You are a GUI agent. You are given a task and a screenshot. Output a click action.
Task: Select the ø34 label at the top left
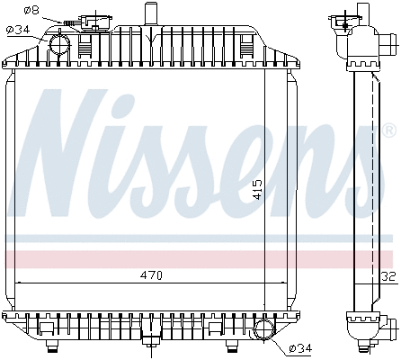(x=17, y=30)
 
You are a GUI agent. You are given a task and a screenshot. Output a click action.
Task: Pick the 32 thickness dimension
(x=388, y=276)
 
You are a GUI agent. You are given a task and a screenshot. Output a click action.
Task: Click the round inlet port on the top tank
(x=60, y=42)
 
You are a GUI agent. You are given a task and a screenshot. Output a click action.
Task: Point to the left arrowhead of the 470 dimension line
(x=20, y=283)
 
